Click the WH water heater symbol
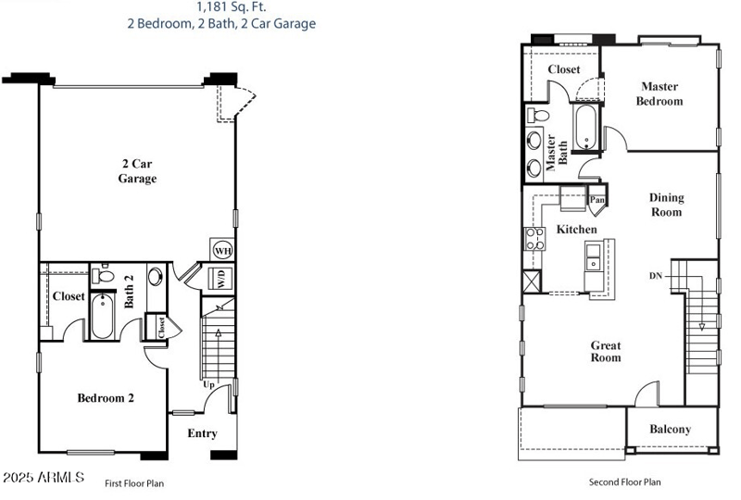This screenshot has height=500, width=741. [222, 250]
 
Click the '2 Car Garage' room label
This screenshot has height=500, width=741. [137, 171]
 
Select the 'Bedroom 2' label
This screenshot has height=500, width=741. [106, 398]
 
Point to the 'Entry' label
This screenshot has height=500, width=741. [202, 433]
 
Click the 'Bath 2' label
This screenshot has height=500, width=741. [130, 290]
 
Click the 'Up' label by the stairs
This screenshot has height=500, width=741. [209, 384]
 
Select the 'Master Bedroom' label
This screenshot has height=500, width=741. [659, 94]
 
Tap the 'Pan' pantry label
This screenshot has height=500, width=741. [597, 199]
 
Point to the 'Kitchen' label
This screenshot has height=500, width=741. [576, 229]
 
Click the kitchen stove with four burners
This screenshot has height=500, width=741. [534, 239]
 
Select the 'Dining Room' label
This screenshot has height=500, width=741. [665, 205]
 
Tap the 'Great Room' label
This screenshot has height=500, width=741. [606, 351]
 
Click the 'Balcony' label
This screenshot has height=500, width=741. [670, 429]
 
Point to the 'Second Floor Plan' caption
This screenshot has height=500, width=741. [625, 481]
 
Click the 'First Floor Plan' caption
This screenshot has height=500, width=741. [134, 482]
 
